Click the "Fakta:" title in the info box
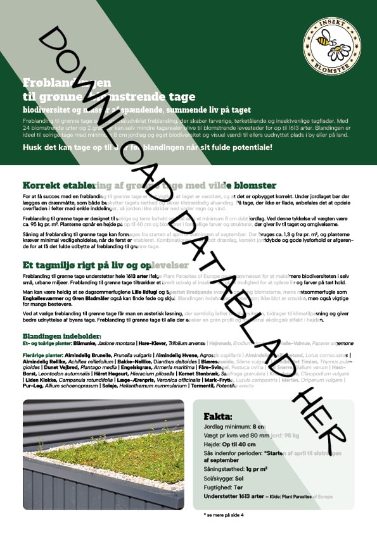point(218,417)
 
